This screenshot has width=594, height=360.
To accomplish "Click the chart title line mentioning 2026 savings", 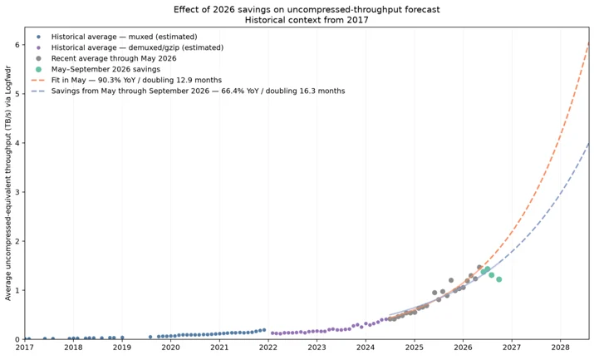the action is click(307, 9).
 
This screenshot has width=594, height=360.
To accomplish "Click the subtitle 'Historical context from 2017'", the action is click(307, 20).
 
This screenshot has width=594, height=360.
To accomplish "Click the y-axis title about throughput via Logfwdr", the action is click(8, 184).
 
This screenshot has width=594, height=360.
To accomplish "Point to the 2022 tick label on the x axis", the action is click(268, 348).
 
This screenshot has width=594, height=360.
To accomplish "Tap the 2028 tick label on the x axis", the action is click(560, 348).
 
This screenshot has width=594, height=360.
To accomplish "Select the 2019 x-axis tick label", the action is click(122, 348).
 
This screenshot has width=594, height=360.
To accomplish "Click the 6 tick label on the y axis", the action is click(17, 45).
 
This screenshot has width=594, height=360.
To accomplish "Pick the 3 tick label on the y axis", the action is click(17, 192).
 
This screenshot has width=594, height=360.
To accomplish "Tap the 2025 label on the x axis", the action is click(415, 348).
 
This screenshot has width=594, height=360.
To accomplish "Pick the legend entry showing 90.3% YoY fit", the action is click(126, 81).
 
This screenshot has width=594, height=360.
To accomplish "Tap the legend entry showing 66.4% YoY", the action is click(188, 91).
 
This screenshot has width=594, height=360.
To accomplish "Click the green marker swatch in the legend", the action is click(38, 69).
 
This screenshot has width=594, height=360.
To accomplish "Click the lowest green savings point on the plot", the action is click(499, 279).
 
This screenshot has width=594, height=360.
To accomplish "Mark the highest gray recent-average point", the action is click(479, 267).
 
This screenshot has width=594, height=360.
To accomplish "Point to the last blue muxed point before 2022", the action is click(264, 330).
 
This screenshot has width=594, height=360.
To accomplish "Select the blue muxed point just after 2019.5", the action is click(150, 337).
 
